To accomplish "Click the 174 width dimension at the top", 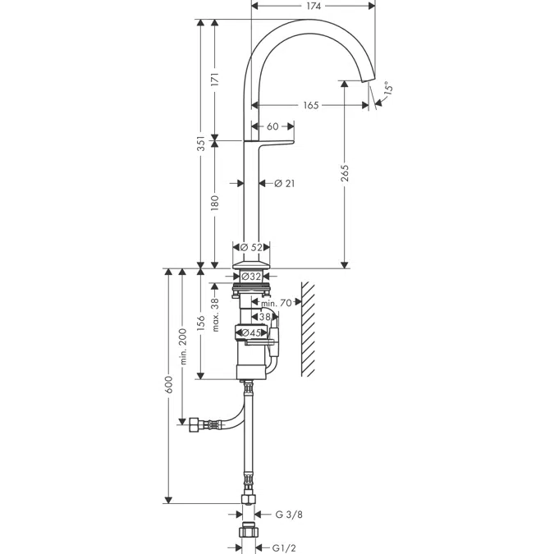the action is pyautogui.click(x=314, y=6).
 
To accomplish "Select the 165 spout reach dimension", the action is pyautogui.click(x=311, y=105).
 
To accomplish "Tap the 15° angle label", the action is pyautogui.click(x=388, y=87).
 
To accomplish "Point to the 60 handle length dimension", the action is pyautogui.click(x=272, y=126).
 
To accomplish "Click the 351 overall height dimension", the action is pyautogui.click(x=201, y=143).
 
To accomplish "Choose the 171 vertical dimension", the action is pyautogui.click(x=215, y=80).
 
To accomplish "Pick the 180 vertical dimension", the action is pyautogui.click(x=215, y=204).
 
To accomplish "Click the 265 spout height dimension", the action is pyautogui.click(x=345, y=173).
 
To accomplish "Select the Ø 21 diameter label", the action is pyautogui.click(x=285, y=183).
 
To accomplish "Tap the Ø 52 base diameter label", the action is pyautogui.click(x=252, y=247).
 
